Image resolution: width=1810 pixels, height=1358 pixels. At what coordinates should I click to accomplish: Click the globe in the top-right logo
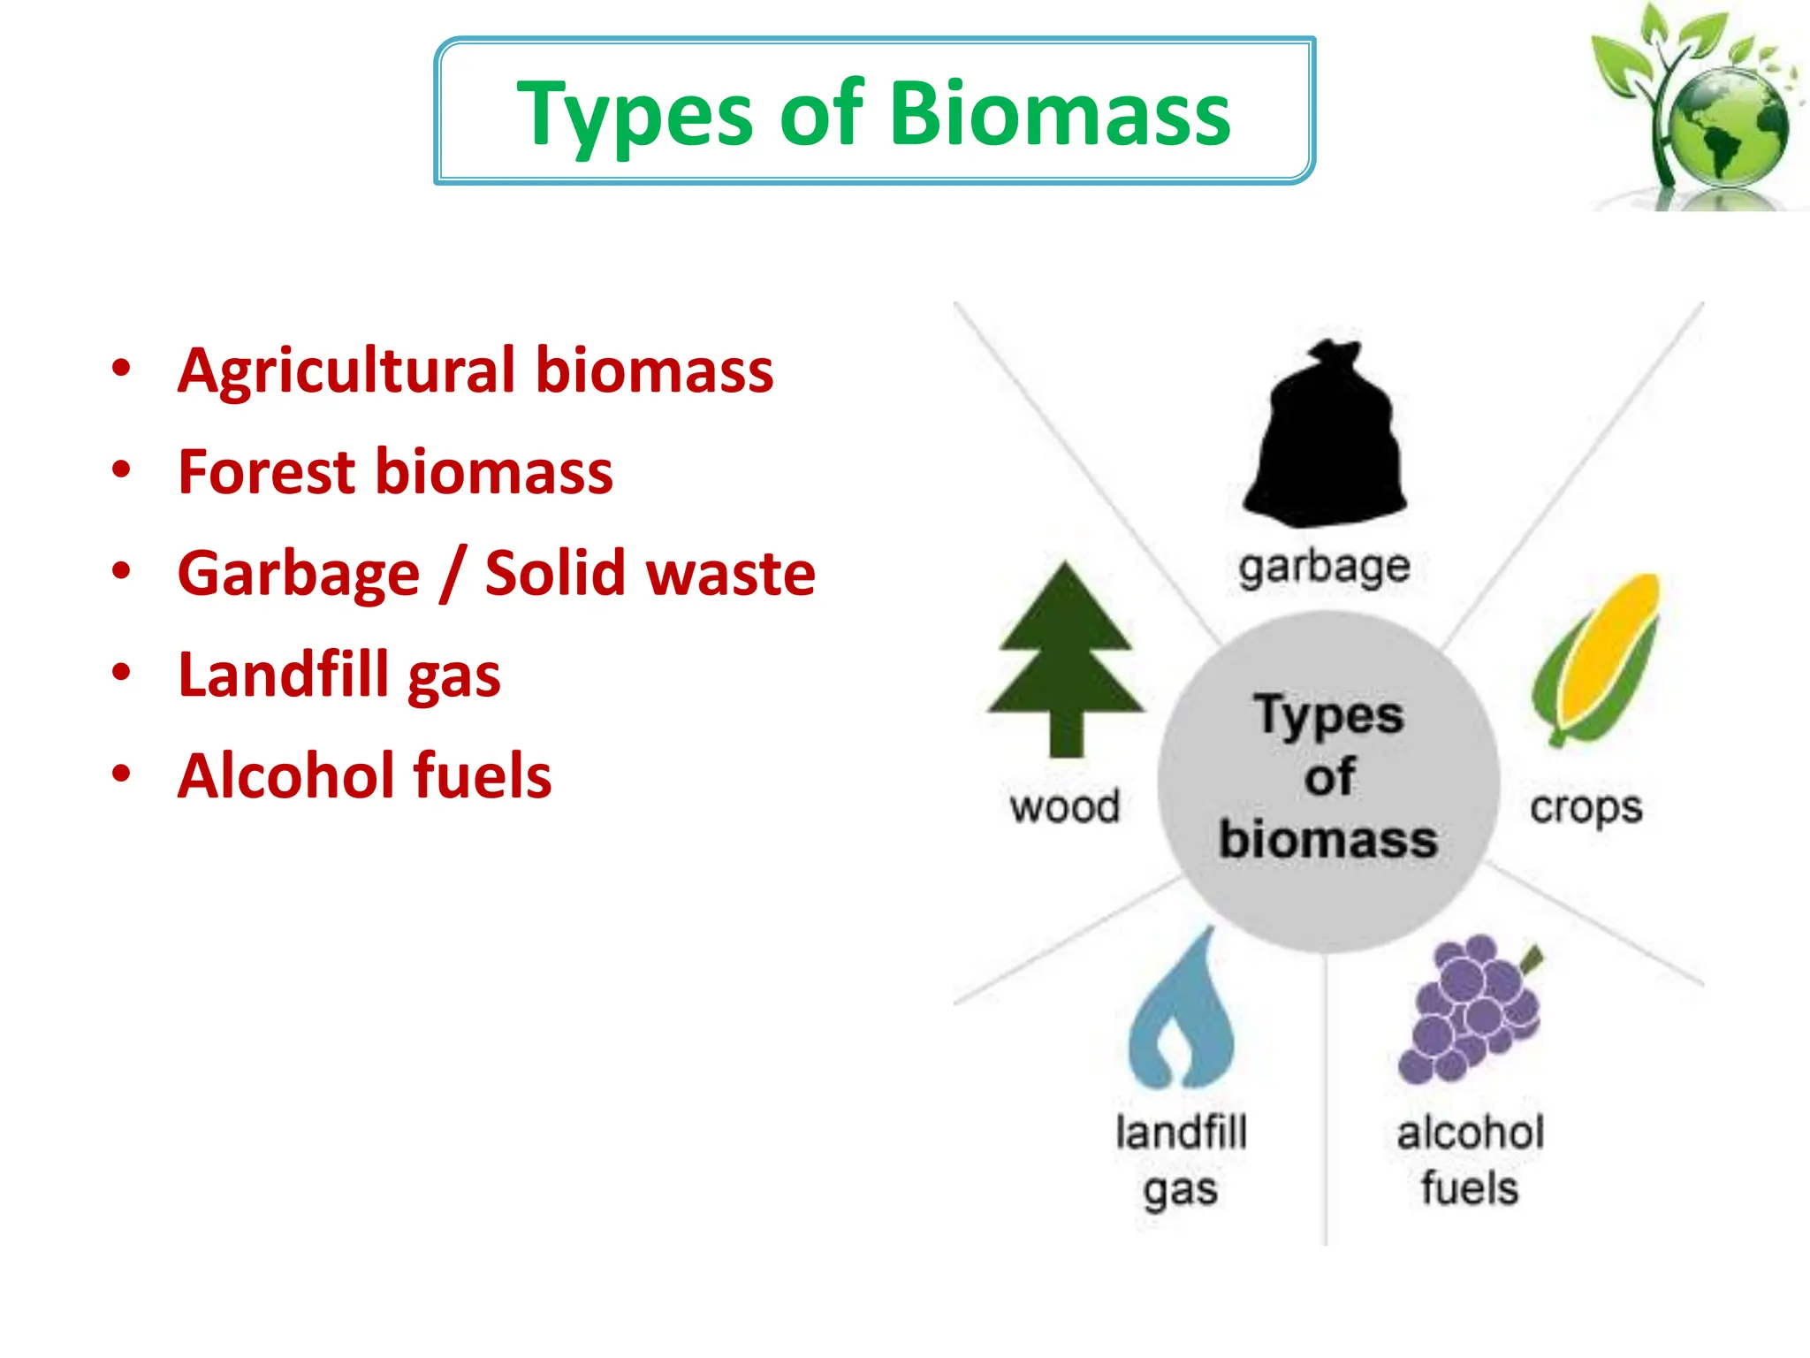click(1728, 128)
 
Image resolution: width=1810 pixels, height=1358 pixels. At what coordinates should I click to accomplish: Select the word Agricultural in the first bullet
click(346, 370)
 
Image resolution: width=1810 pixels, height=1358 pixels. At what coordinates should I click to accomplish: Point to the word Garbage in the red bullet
click(299, 575)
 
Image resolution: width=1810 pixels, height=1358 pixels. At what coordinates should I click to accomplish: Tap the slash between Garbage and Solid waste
click(452, 575)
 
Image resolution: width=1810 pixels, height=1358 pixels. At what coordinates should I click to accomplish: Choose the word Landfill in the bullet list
click(283, 675)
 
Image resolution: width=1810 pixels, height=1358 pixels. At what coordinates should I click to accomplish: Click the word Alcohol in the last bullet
click(284, 775)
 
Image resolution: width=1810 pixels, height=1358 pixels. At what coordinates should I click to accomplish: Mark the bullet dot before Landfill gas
click(121, 673)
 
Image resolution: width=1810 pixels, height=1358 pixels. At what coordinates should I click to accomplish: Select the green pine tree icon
click(1066, 659)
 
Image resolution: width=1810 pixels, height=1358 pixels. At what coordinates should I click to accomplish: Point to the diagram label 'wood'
click(1065, 807)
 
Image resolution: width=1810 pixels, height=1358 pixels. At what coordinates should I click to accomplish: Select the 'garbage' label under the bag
click(1323, 567)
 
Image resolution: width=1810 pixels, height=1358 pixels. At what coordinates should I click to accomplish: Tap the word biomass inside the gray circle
click(1327, 839)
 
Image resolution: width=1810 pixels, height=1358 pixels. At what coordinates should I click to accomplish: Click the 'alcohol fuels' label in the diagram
click(1470, 1159)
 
